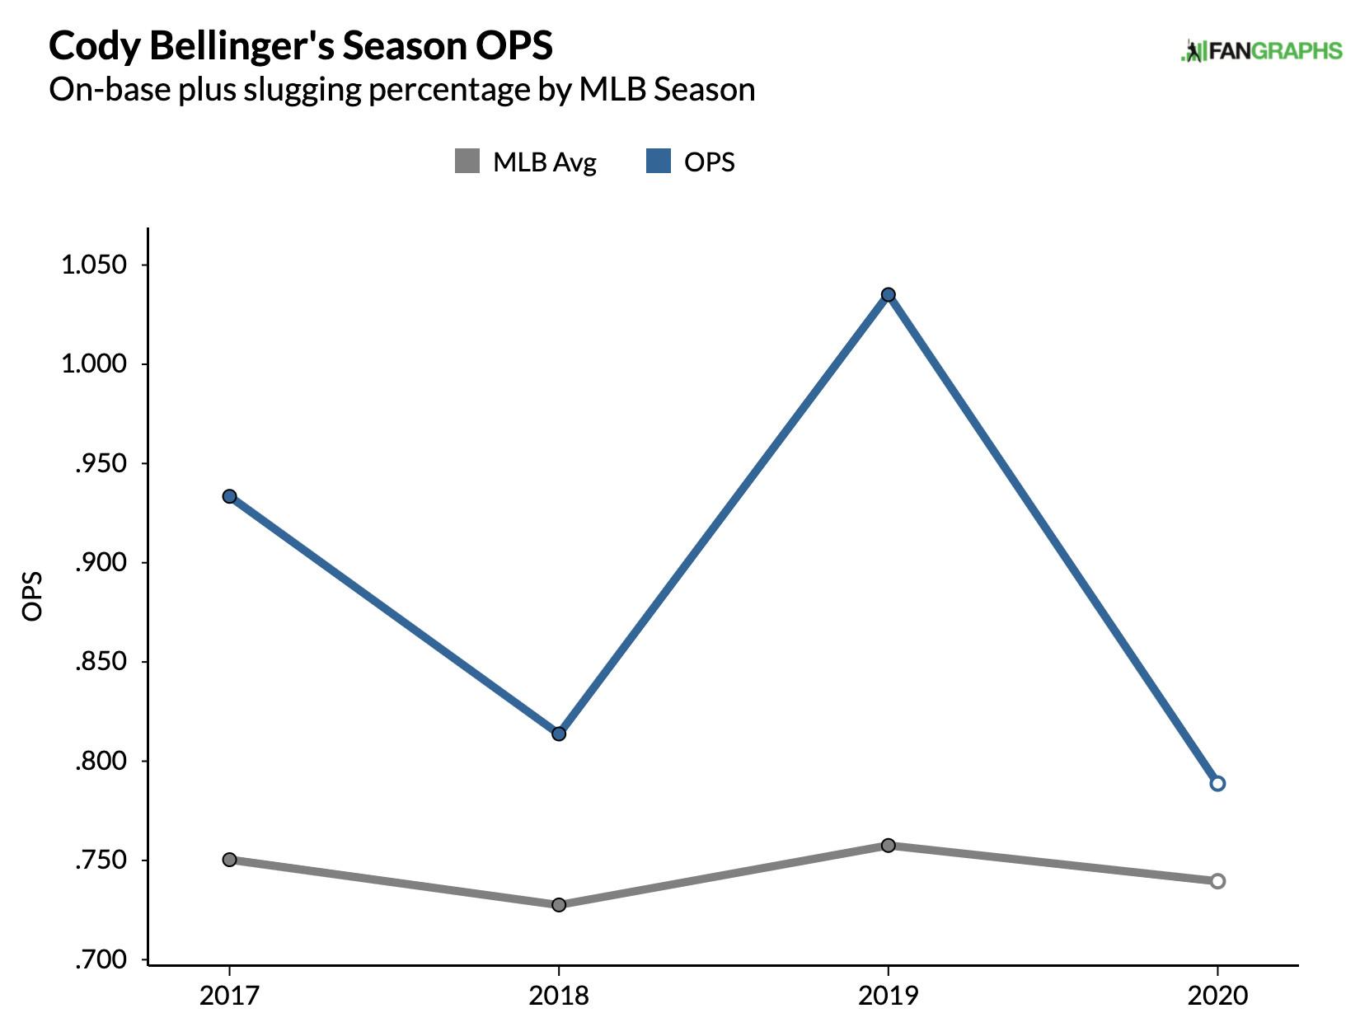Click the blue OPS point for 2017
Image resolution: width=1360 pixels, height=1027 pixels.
[x=230, y=496]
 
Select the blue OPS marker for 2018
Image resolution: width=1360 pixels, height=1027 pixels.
[x=559, y=734]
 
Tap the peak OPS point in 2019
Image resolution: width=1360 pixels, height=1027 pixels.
[x=889, y=294]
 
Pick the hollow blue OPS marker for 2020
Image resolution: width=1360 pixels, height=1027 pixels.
[x=1217, y=783]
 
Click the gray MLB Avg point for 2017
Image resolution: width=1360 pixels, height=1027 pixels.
[x=230, y=859]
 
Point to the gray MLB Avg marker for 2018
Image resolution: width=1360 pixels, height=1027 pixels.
[x=559, y=904]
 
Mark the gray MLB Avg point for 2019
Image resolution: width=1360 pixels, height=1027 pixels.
[x=889, y=845]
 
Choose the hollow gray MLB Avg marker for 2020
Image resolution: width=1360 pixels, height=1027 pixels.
[x=1217, y=880]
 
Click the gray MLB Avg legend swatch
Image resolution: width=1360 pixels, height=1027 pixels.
[x=467, y=161]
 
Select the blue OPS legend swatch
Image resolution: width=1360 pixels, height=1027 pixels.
[x=659, y=161]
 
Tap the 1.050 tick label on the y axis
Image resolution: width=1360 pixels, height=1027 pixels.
[x=94, y=265]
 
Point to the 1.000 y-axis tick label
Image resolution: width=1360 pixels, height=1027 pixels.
[x=94, y=363]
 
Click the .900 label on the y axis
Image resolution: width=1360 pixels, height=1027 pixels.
[x=101, y=562]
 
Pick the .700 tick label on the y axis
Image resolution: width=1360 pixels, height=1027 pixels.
[x=101, y=959]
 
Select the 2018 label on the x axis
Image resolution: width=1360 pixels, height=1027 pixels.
[x=559, y=995]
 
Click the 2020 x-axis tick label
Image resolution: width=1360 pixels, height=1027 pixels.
[x=1217, y=995]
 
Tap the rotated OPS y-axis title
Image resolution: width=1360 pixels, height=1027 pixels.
[x=32, y=596]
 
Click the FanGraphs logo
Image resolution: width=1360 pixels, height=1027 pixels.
[x=1261, y=51]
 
